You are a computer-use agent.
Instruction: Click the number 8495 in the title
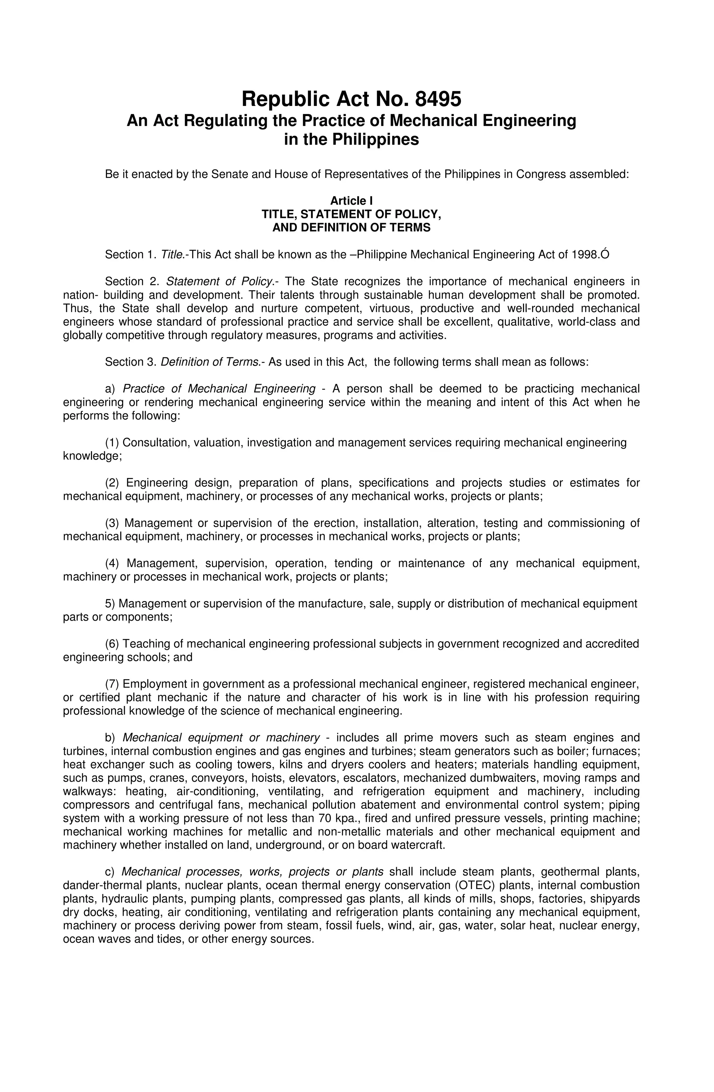(x=438, y=99)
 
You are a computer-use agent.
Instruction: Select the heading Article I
(x=351, y=200)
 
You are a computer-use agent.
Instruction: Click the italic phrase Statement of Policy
(x=219, y=281)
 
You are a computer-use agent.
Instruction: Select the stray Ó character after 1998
(x=605, y=254)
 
